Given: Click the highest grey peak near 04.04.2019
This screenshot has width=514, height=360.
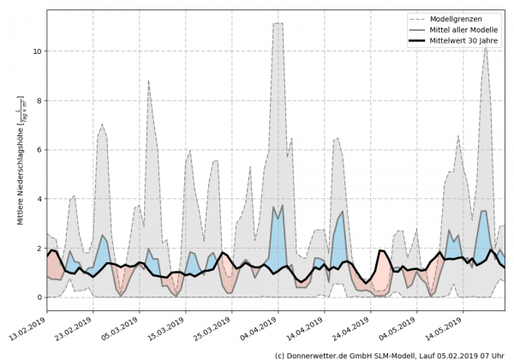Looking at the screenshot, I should pos(278,24).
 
